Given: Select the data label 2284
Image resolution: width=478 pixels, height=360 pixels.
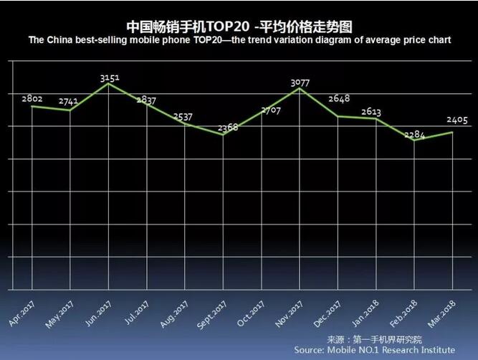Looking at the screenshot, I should tap(415, 133).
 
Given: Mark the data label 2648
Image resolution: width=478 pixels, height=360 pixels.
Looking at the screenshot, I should tap(338, 98).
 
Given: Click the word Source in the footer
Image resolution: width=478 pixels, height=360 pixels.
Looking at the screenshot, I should tap(310, 349).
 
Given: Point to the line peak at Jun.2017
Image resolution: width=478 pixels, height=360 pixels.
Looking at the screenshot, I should tap(108, 83).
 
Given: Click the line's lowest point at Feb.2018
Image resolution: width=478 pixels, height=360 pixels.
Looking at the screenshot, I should tap(414, 141).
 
